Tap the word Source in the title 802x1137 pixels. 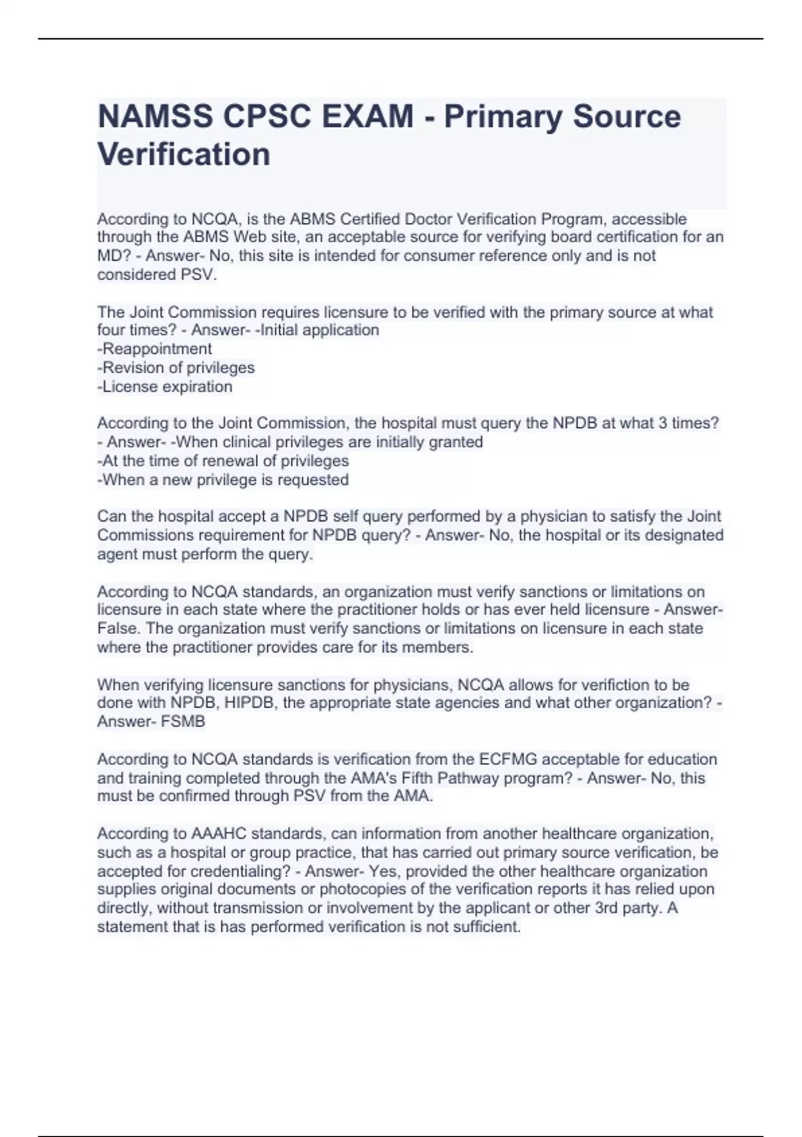pos(627,117)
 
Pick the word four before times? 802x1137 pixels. pos(110,330)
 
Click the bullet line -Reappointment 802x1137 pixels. pos(154,348)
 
